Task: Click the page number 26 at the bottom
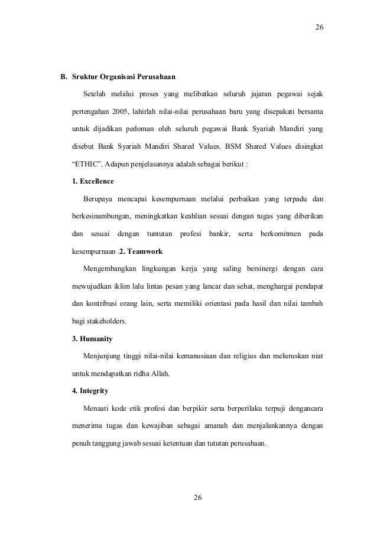click(x=198, y=498)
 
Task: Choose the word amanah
click(x=217, y=425)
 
